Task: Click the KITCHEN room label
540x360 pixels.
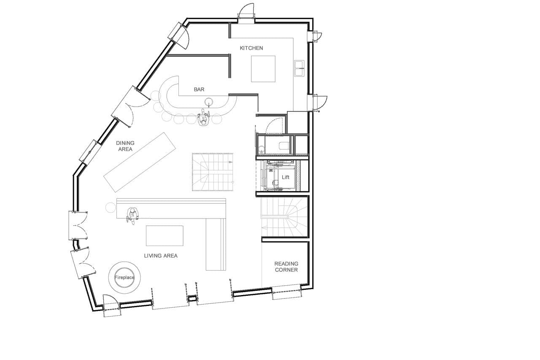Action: [x=251, y=48]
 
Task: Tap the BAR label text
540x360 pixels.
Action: [x=199, y=89]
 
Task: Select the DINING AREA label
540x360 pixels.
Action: [x=125, y=146]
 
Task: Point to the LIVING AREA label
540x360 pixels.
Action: [x=161, y=255]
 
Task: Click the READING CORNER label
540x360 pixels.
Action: [x=286, y=267]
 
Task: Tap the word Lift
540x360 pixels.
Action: [x=286, y=177]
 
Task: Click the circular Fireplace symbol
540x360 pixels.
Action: [x=124, y=277]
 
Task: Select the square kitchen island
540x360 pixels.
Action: [x=263, y=69]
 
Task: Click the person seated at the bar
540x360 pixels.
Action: [x=204, y=119]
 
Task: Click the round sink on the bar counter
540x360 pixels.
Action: [x=209, y=101]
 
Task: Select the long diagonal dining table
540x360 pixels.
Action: [x=140, y=162]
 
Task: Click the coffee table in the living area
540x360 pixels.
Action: [x=165, y=235]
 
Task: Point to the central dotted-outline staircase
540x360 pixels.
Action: [x=213, y=172]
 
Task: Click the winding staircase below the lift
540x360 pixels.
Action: [x=285, y=217]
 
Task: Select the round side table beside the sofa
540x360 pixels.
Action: [x=111, y=207]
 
